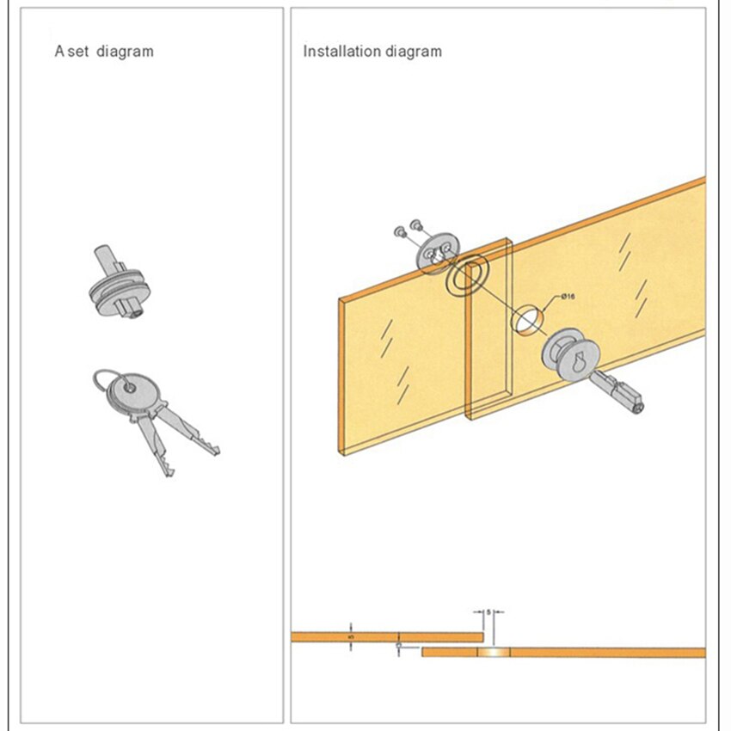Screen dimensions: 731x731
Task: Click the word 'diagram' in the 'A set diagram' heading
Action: pos(126,52)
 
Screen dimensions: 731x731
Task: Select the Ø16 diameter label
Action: pos(568,297)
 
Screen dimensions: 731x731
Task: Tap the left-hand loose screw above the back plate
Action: pos(399,231)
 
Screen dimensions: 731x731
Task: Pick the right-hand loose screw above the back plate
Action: pos(415,224)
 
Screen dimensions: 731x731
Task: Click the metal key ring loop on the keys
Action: pos(102,380)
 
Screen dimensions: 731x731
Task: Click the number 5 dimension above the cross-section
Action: pos(488,611)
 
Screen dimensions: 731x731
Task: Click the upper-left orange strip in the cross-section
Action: pos(387,637)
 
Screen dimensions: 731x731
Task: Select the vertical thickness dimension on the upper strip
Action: pos(351,637)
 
